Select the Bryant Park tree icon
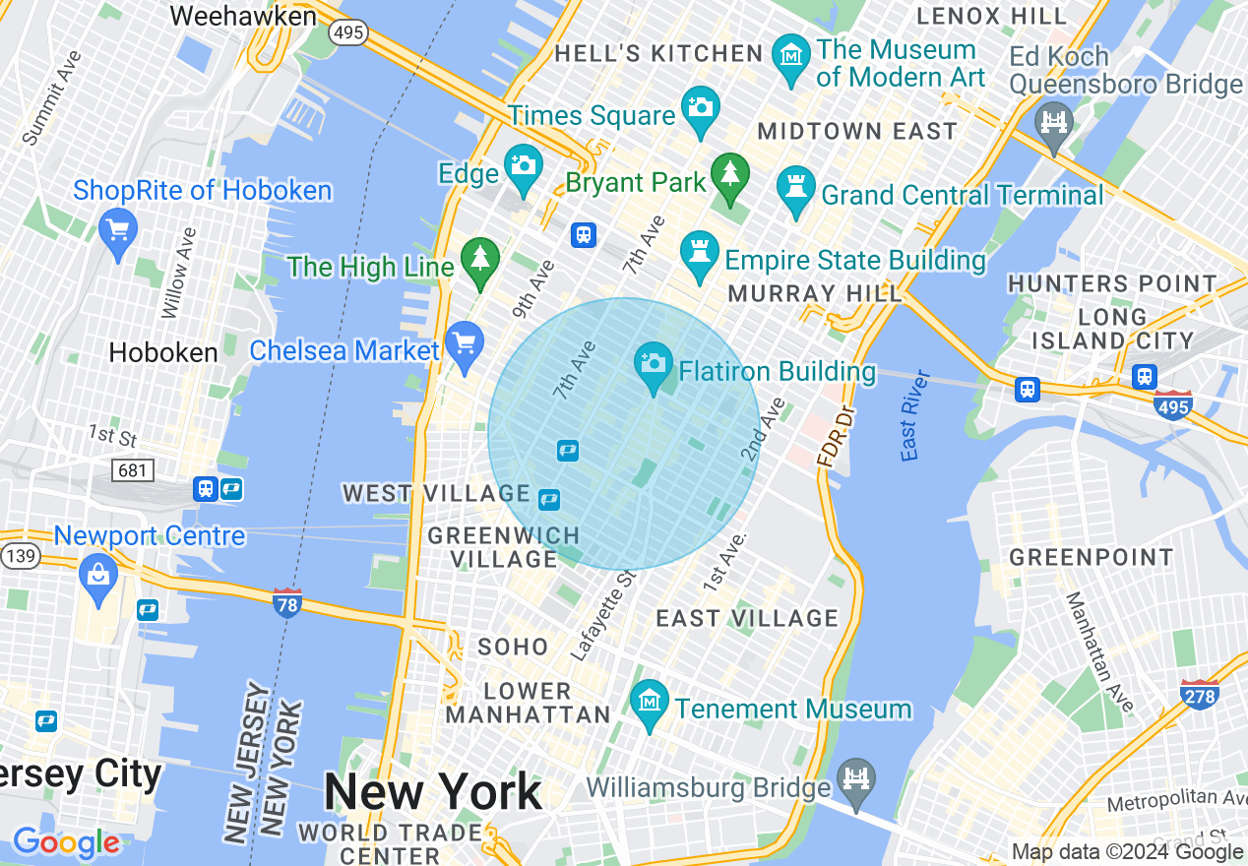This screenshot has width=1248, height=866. [x=729, y=173]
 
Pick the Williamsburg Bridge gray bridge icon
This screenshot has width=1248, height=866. [x=857, y=780]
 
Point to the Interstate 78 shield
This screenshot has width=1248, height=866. [x=286, y=602]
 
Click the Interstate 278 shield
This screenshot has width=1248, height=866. [x=1199, y=694]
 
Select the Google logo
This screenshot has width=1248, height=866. [x=66, y=843]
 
